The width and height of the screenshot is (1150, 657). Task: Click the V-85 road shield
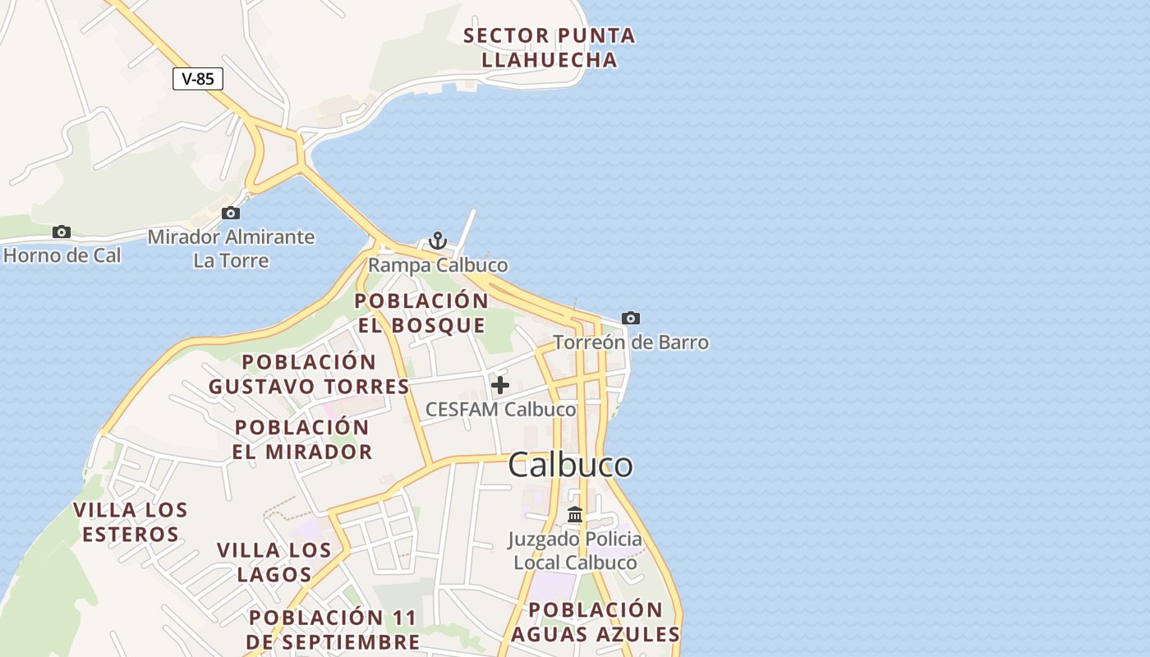[x=198, y=79]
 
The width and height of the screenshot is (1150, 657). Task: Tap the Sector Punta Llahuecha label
[x=549, y=48]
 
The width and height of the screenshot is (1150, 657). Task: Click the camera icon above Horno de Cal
[x=62, y=232]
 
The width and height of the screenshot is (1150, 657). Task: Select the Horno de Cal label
[x=62, y=255]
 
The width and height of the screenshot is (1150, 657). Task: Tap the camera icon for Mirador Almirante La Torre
[x=231, y=214]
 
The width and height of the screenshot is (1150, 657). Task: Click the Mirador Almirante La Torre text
[x=231, y=249]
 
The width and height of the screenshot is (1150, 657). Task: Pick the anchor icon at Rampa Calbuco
[x=438, y=241]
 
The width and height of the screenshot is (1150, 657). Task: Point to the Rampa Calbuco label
[x=438, y=265]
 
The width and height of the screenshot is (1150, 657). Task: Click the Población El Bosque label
[x=421, y=313]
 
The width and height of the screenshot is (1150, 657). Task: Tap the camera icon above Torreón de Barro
[x=630, y=318]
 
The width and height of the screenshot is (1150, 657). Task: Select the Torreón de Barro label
[x=630, y=342]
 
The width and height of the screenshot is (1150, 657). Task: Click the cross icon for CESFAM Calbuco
[x=500, y=384]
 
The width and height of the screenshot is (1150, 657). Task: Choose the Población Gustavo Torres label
[x=309, y=374]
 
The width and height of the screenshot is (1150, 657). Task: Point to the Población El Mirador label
[x=301, y=439]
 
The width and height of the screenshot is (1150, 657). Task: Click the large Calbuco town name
[x=570, y=466]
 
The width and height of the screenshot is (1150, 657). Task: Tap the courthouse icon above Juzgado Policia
[x=575, y=515]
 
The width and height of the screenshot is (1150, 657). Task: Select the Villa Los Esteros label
[x=131, y=522]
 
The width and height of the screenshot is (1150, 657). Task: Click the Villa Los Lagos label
[x=274, y=562]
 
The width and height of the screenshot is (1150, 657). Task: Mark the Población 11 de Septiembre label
[x=333, y=629]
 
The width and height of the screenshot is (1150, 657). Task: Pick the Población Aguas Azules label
[x=596, y=622]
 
